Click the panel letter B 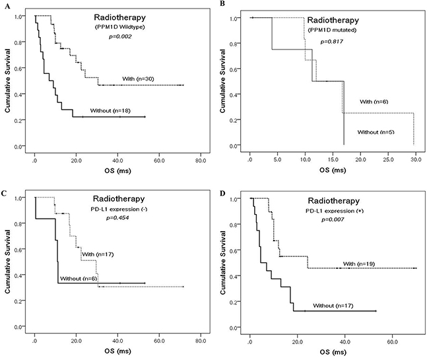point(222,4)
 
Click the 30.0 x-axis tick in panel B point(414,160)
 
